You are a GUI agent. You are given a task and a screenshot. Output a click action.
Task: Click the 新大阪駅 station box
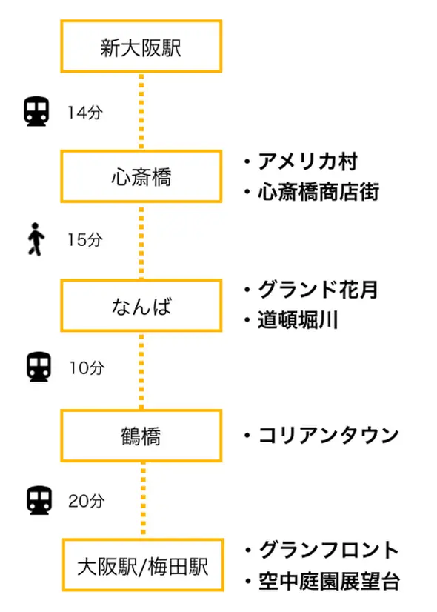141,47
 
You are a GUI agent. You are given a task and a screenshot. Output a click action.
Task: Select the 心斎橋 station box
141,176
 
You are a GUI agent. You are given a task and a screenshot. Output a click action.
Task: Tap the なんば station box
141,305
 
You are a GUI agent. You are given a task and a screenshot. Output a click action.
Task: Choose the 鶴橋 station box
141,436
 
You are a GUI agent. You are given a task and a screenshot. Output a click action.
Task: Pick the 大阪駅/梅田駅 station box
143,565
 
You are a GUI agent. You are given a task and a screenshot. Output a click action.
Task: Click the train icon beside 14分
37,112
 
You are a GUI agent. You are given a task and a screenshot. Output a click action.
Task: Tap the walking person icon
36,239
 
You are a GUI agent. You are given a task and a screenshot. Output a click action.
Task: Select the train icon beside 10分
39,367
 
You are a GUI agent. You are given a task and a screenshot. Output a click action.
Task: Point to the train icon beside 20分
39,500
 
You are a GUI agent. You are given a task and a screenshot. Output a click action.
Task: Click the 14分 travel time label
85,113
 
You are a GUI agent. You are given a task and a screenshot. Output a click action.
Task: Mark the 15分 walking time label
85,239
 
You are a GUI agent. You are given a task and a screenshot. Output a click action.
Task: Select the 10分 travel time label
87,367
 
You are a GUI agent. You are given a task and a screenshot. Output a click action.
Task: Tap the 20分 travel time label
87,501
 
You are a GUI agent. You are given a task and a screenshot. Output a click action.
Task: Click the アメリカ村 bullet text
307,162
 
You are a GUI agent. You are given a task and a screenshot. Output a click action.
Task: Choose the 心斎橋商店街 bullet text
318,192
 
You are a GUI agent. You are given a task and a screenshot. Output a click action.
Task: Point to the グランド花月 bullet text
318,290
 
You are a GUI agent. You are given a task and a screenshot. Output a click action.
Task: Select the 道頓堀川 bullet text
297,320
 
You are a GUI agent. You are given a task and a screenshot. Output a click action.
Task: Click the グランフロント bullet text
330,550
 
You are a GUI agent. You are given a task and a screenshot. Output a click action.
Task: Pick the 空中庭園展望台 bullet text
330,581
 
